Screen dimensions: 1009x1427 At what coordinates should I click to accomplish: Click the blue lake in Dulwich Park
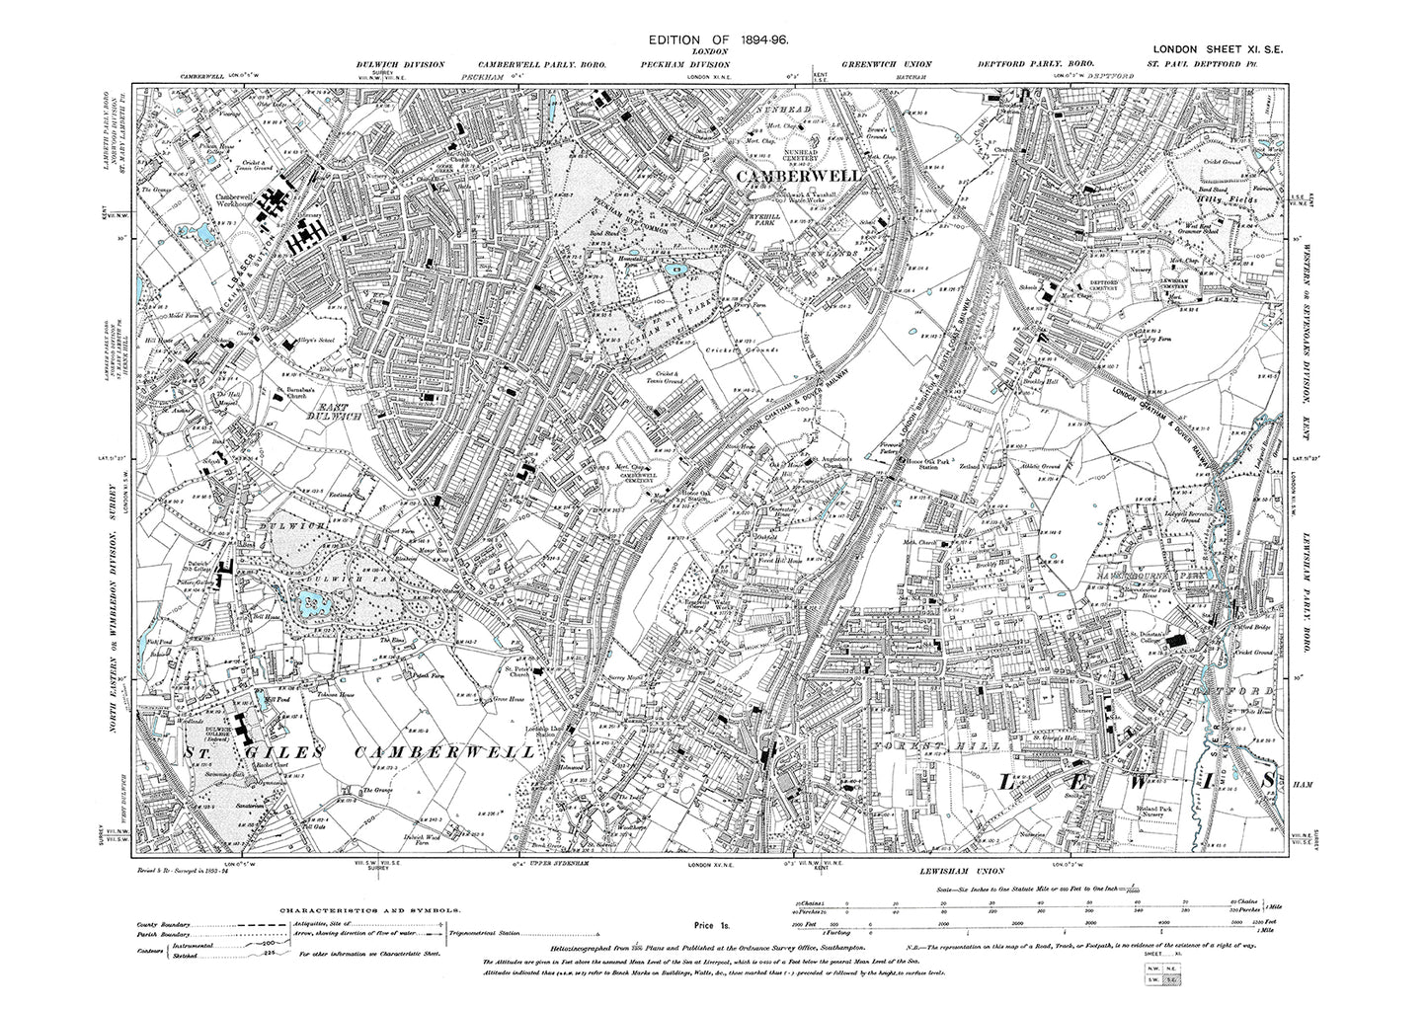[315, 601]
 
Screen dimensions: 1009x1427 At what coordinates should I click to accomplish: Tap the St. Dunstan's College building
[1175, 642]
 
